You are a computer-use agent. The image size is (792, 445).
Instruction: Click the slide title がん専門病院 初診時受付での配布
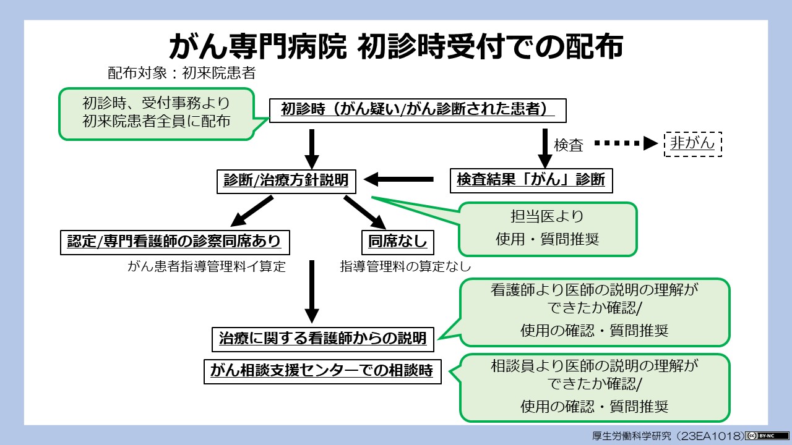pyautogui.click(x=396, y=46)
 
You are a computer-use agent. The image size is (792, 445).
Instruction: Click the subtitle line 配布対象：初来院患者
pyautogui.click(x=181, y=74)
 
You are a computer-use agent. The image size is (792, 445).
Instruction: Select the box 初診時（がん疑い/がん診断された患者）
pyautogui.click(x=418, y=109)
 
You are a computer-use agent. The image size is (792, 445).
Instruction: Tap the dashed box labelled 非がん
pyautogui.click(x=692, y=144)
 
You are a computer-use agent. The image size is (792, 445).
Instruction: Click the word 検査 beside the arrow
pyautogui.click(x=569, y=145)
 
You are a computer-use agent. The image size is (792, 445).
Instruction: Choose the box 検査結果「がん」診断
pyautogui.click(x=530, y=180)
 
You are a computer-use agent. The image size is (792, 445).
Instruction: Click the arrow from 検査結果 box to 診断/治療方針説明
pyautogui.click(x=399, y=180)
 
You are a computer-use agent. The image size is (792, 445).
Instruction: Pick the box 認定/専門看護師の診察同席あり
pyautogui.click(x=174, y=242)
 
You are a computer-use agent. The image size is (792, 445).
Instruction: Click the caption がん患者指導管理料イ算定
pyautogui.click(x=207, y=267)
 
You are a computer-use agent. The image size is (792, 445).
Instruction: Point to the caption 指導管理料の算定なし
pyautogui.click(x=405, y=267)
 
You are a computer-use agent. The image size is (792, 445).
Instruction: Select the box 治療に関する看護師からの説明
pyautogui.click(x=322, y=338)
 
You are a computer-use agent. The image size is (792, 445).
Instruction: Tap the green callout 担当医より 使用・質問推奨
pyautogui.click(x=547, y=229)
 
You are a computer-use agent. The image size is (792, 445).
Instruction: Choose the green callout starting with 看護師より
pyautogui.click(x=594, y=311)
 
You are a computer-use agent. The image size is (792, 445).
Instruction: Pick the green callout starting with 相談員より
pyautogui.click(x=594, y=388)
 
